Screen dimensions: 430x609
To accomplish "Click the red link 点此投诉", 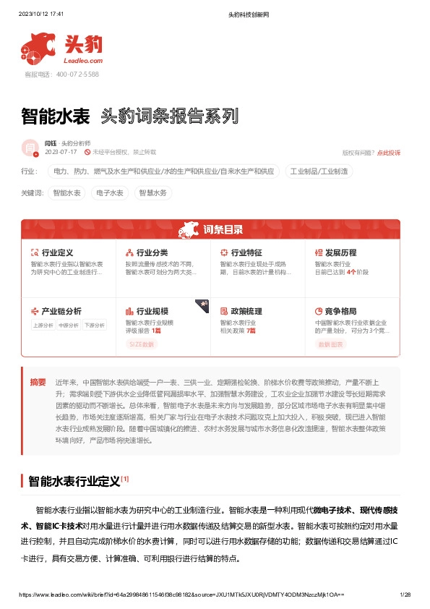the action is (x=388, y=153).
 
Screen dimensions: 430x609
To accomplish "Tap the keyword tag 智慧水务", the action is (x=152, y=193).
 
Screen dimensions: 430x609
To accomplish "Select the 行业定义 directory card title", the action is (x=58, y=252).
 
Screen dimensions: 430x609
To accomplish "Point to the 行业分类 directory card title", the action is (x=152, y=252).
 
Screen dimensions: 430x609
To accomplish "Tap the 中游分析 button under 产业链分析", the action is (x=69, y=325).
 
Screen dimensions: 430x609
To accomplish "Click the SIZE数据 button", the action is (x=142, y=344).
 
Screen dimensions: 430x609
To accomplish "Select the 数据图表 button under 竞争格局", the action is (x=330, y=344).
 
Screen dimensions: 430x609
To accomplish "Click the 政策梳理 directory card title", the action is (x=246, y=311).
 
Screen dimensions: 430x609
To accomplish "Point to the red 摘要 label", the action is (x=38, y=381).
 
